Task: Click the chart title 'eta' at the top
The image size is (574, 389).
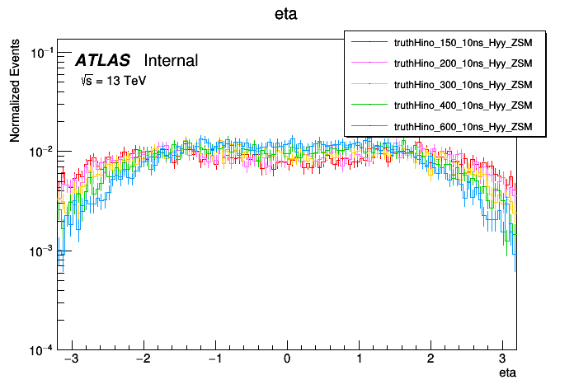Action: pos(286,15)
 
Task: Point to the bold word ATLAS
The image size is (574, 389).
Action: pos(102,61)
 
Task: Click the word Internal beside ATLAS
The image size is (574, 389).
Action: pos(171,61)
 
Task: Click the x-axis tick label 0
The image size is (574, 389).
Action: pos(287,360)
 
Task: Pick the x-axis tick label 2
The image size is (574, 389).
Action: pos(430,360)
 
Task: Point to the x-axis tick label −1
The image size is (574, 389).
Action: pos(214,360)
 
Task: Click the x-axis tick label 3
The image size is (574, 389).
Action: pos(502,360)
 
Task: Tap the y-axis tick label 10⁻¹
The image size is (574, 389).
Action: pos(41,54)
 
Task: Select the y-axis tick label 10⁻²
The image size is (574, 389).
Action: pos(41,152)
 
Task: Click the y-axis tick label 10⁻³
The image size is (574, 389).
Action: pos(41,251)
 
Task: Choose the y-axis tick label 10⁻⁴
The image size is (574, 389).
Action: pos(41,350)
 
